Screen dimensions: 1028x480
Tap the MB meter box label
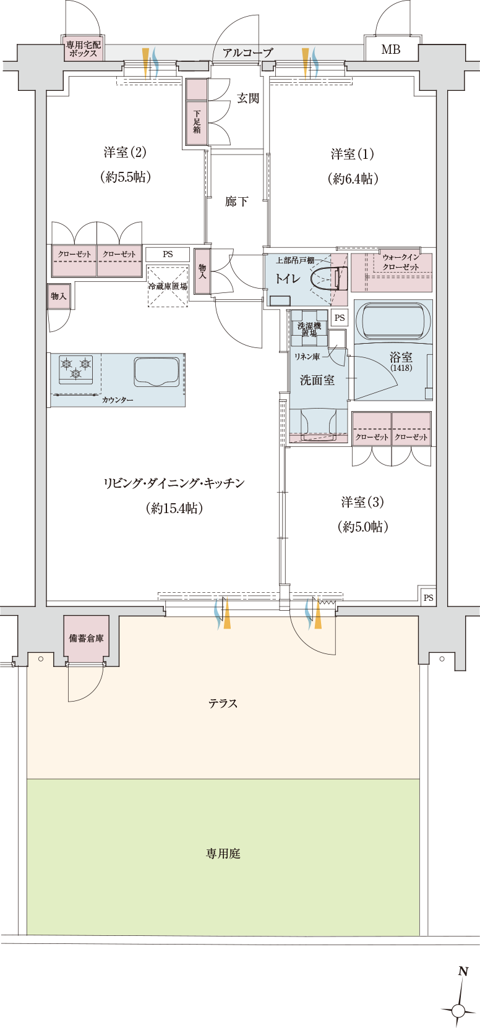[x=390, y=49]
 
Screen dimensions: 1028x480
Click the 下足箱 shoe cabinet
[x=197, y=122]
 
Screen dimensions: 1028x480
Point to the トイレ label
[x=288, y=279]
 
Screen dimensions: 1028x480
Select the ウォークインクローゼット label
[x=401, y=262]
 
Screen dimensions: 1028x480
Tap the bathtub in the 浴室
[x=393, y=320]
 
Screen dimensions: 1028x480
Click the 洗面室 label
[x=317, y=380]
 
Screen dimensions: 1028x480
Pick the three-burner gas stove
[x=76, y=369]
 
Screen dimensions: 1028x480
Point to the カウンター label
[x=118, y=400]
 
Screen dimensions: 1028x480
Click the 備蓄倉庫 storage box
[x=87, y=638]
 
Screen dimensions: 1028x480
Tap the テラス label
[x=223, y=703]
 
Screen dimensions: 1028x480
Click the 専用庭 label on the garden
[x=223, y=854]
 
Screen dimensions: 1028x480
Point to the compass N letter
[x=462, y=972]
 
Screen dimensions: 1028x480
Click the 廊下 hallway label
[x=236, y=202]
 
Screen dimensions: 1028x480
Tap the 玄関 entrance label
[x=247, y=98]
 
